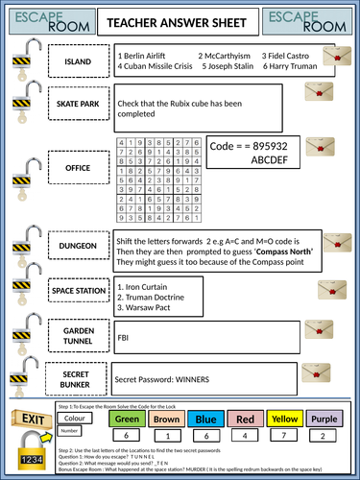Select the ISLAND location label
tap(77, 62)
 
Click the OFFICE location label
tap(77, 168)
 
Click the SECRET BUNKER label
tap(77, 351)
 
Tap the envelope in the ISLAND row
tap(332, 59)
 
